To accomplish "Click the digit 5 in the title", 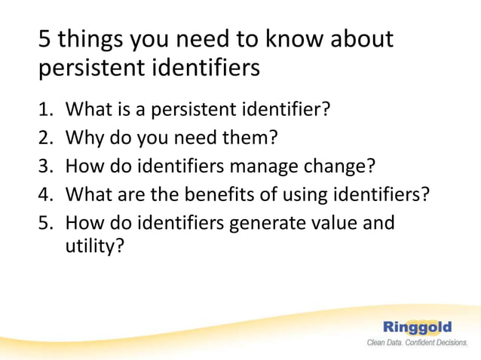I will pos(44,38).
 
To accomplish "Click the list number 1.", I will pos(44,110).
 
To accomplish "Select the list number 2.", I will pos(44,139).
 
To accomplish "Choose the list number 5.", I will pos(44,223).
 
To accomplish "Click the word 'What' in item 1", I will pos(87,110).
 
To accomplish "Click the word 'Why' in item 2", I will pos(84,139).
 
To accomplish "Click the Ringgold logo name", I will pos(417,327).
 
